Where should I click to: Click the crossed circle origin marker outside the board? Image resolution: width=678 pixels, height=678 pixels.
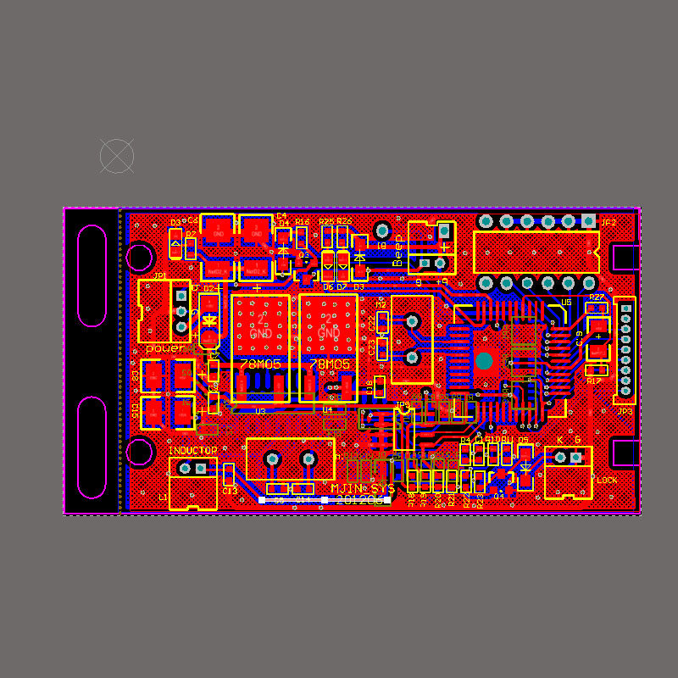tap(117, 156)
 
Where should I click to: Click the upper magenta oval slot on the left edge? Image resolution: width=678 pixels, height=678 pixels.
tap(92, 275)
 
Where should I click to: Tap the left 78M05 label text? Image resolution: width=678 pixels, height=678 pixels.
tap(260, 364)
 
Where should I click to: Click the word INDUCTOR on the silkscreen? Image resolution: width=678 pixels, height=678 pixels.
tap(192, 450)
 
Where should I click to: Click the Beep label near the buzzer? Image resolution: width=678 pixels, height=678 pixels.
tap(397, 251)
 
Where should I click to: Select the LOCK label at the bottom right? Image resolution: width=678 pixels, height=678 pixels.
tap(607, 481)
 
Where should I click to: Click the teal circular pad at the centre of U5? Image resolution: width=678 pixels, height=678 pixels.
tap(484, 361)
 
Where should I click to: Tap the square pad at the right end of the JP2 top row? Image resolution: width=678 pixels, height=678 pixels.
tap(589, 222)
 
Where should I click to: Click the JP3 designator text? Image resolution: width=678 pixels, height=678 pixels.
tap(625, 412)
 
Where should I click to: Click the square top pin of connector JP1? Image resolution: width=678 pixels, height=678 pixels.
tap(181, 295)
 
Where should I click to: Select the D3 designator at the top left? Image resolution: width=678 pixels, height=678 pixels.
tap(175, 223)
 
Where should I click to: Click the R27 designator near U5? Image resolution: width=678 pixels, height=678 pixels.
tap(597, 297)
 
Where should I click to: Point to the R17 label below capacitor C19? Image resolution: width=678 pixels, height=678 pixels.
tap(594, 381)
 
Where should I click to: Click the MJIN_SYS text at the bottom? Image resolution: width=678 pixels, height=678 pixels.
tap(363, 489)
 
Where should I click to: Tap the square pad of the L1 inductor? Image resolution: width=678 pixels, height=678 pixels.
tap(201, 468)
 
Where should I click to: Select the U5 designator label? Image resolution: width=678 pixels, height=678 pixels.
tap(566, 302)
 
